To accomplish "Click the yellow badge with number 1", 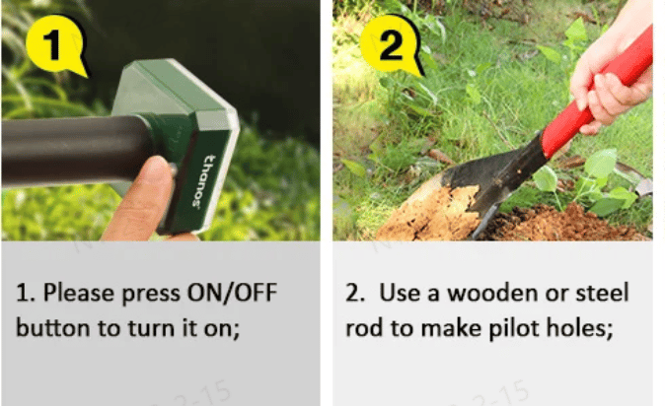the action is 54,44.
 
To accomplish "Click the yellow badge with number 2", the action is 390,44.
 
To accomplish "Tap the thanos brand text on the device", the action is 202,181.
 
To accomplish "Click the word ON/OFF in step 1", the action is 233,293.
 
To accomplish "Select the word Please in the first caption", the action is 79,294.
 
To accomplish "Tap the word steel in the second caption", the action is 602,293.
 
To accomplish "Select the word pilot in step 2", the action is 514,329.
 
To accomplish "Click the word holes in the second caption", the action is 578,328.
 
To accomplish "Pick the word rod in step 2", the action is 364,328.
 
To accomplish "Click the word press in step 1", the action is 151,294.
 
